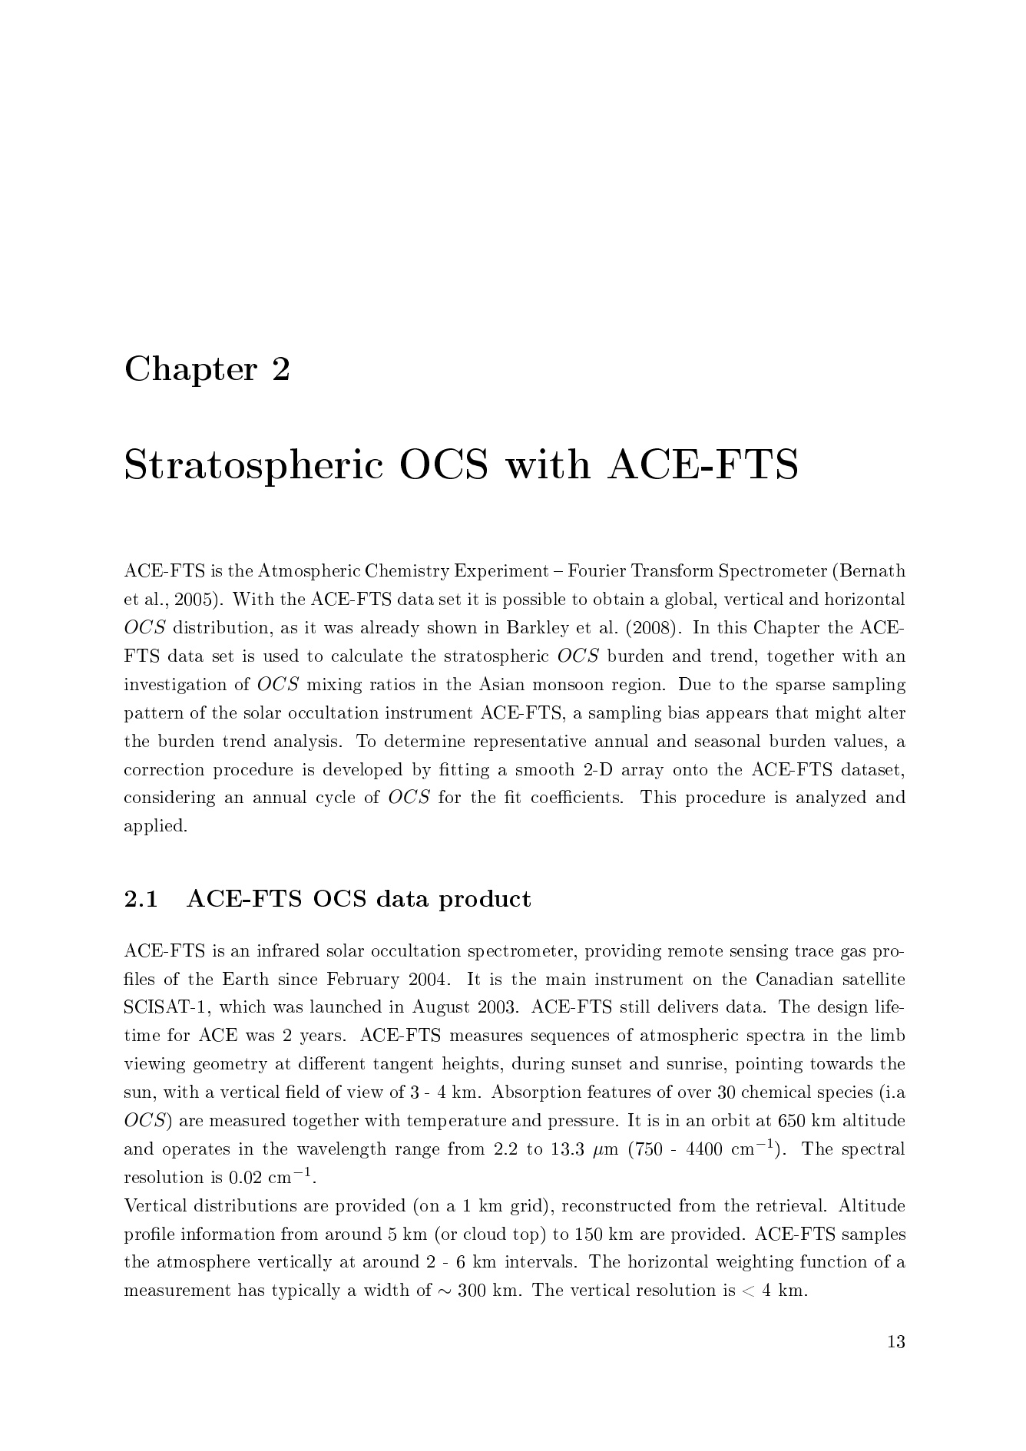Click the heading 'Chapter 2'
point(207,369)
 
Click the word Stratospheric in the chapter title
point(253,466)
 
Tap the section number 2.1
point(141,899)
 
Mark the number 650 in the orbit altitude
point(794,1121)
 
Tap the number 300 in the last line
point(472,1291)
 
